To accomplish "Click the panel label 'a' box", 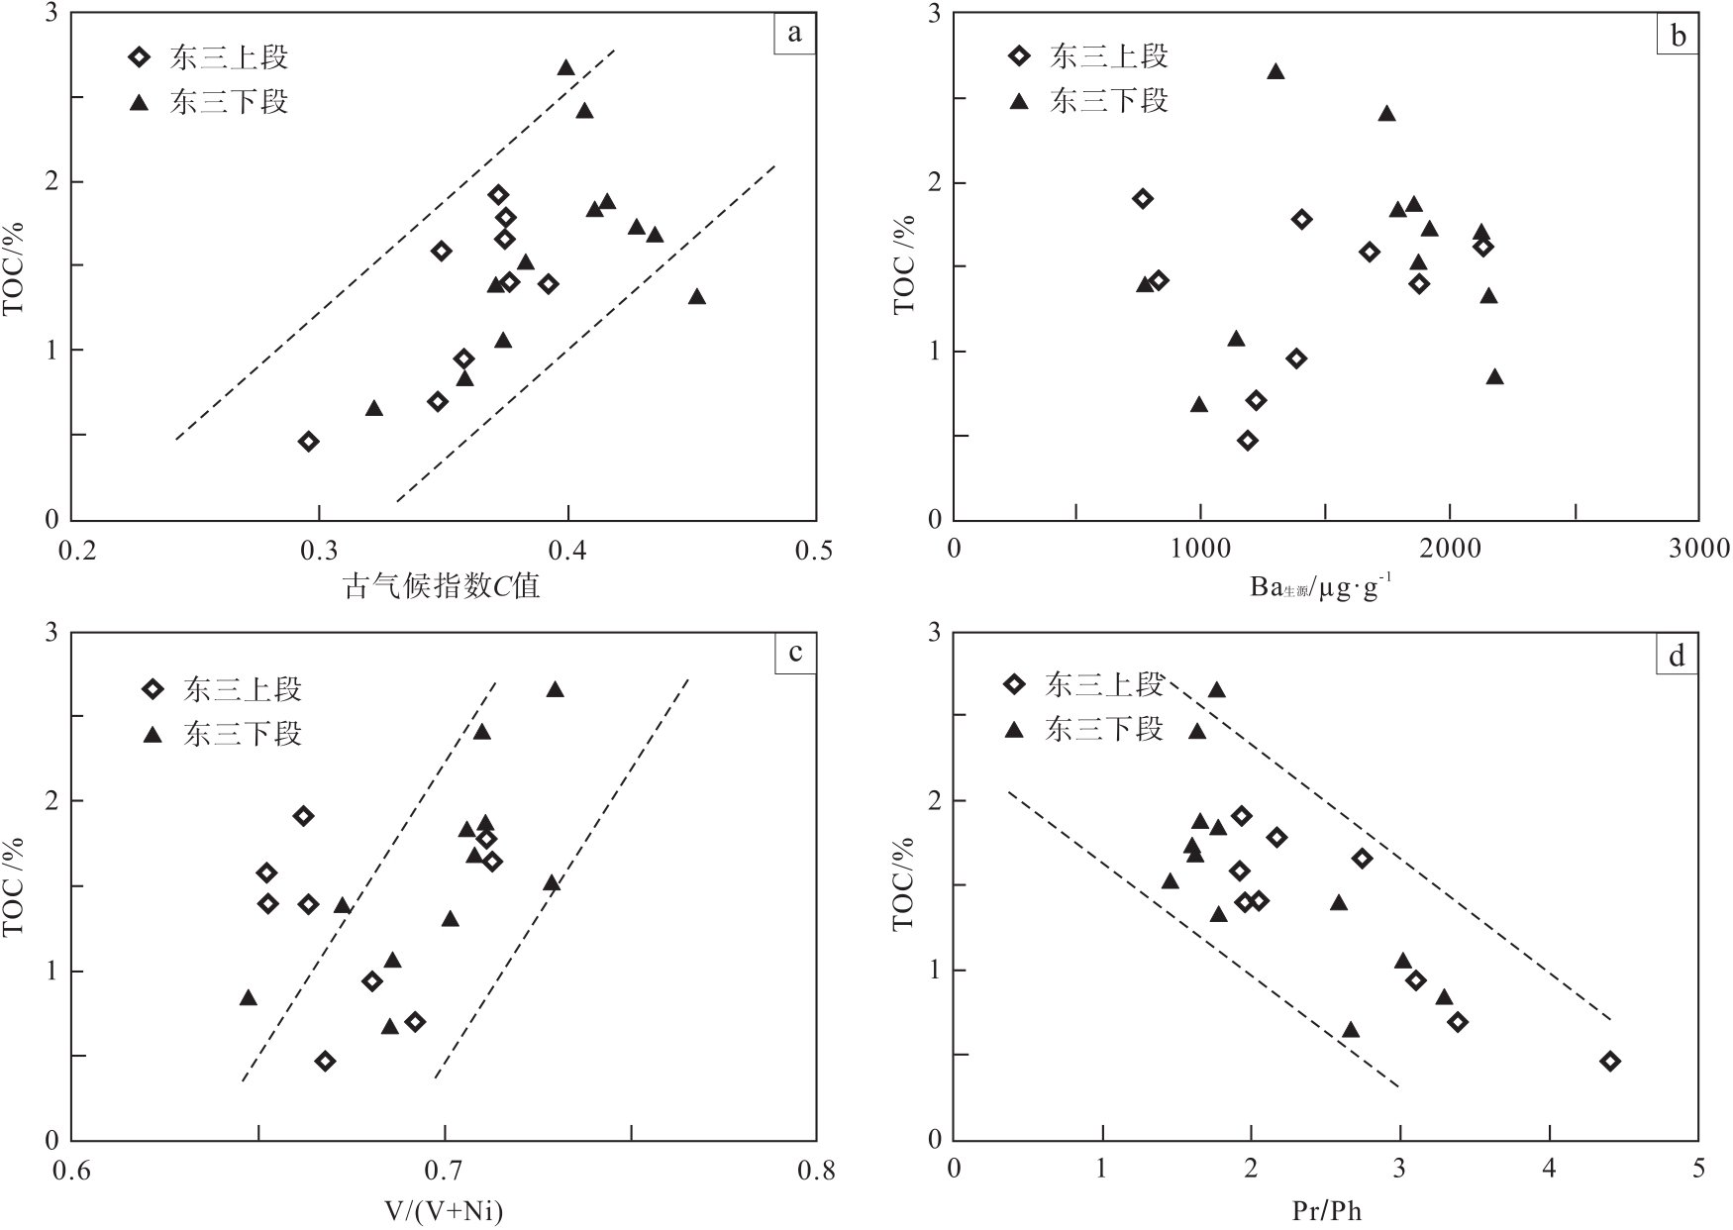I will click(x=794, y=34).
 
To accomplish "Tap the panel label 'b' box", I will click(x=1678, y=36).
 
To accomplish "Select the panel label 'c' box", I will click(x=794, y=654).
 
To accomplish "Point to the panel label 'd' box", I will click(x=1677, y=656).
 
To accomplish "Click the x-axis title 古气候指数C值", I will click(x=442, y=586).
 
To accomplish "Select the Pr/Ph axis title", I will click(x=1326, y=1210).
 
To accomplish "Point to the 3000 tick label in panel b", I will click(x=1698, y=549).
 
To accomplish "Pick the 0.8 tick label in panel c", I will click(x=816, y=1172).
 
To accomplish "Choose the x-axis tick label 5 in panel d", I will click(x=1698, y=1169).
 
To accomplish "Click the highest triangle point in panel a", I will click(x=566, y=67).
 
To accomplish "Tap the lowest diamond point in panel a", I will click(x=309, y=442).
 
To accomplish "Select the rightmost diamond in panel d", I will click(x=1610, y=1062).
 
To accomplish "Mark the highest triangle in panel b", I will click(x=1275, y=71).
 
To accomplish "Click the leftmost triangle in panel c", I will click(x=249, y=997).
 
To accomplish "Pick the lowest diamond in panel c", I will click(x=325, y=1062).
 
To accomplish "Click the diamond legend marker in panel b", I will click(x=1018, y=56).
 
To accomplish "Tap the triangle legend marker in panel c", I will click(x=153, y=734).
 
